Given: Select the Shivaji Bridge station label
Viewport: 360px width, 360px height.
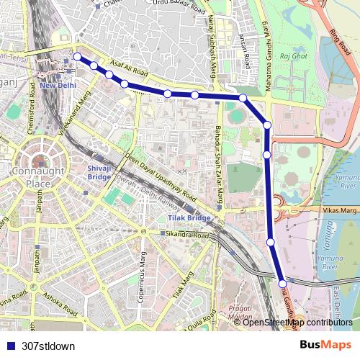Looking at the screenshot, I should pos(99,171).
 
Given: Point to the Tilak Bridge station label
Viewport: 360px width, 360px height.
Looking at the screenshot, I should pos(189,217).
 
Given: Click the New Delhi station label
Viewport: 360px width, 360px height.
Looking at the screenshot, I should pos(58,85).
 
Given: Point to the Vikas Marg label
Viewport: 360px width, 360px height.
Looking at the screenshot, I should pos(341,210).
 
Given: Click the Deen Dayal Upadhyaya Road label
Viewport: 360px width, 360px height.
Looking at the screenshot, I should pos(160,176).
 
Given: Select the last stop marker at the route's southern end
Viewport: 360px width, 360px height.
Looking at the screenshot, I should pos(282,284).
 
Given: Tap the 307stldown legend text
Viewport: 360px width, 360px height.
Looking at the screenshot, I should pos(48,346).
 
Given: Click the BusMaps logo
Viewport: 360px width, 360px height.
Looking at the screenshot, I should pos(325,345).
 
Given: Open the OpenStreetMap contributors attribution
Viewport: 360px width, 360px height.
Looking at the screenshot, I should pos(297,323).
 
